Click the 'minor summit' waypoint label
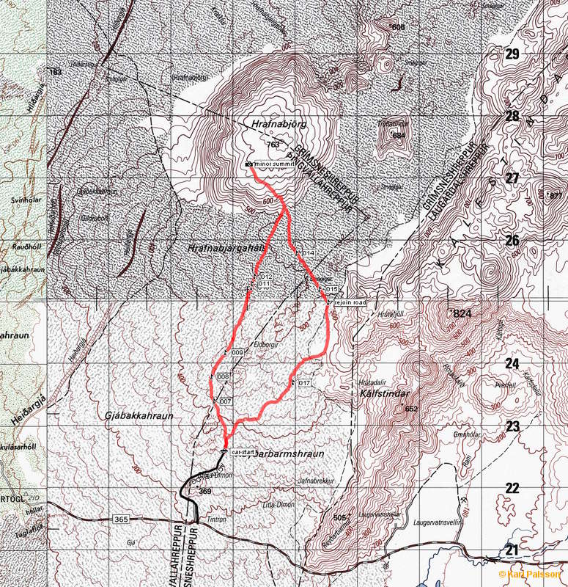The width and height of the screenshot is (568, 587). (x=274, y=164)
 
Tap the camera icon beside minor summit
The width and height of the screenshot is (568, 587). (x=249, y=164)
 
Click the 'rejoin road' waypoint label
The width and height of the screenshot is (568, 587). (x=350, y=301)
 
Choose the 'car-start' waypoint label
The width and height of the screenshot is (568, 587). (x=243, y=453)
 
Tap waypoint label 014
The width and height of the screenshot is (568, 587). (x=309, y=253)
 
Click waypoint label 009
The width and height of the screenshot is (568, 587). (x=237, y=353)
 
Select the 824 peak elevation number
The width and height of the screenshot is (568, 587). (x=462, y=313)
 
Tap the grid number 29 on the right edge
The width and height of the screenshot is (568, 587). (x=512, y=54)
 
